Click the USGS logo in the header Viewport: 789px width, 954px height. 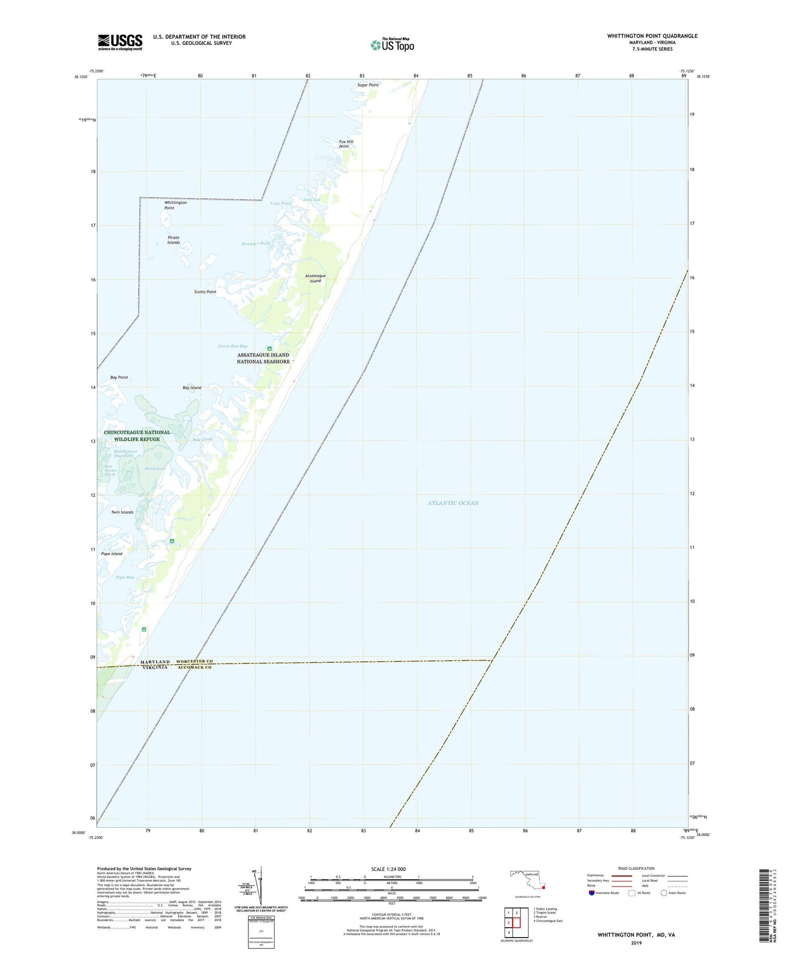click(x=120, y=42)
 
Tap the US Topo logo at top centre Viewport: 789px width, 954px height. click(x=392, y=45)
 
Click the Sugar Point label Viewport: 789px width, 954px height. click(x=367, y=85)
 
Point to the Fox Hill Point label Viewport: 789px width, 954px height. click(x=346, y=144)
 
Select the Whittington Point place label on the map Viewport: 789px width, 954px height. click(x=175, y=205)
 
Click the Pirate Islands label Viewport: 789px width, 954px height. click(x=174, y=240)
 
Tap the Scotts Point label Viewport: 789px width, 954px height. click(x=205, y=292)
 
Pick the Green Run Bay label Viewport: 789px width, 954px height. click(x=233, y=346)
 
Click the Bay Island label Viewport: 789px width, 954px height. click(x=192, y=387)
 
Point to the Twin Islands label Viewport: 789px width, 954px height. click(x=122, y=512)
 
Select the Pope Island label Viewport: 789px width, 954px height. click(x=112, y=553)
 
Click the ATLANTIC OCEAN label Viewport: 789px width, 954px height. click(x=453, y=503)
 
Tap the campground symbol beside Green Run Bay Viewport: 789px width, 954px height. click(x=269, y=349)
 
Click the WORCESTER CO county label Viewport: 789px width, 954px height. click(x=194, y=661)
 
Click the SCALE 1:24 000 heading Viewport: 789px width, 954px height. click(x=388, y=869)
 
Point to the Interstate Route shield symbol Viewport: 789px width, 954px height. click(x=592, y=893)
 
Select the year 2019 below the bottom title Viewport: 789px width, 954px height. click(x=636, y=943)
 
